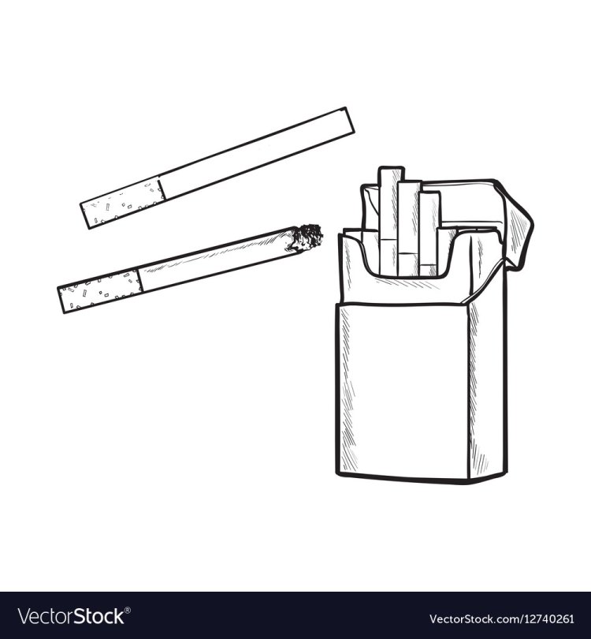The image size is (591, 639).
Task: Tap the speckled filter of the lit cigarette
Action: pyautogui.click(x=100, y=291)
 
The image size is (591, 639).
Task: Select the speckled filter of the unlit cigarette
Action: pyautogui.click(x=124, y=202)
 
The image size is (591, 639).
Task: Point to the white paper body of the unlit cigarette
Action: pyautogui.click(x=256, y=154)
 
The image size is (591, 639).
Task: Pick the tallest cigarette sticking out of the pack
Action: pyautogui.click(x=388, y=220)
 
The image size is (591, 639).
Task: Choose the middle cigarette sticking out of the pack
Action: pyautogui.click(x=409, y=229)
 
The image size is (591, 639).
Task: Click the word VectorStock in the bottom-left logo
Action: pyautogui.click(x=71, y=616)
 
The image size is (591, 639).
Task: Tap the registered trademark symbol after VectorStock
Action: pyautogui.click(x=128, y=610)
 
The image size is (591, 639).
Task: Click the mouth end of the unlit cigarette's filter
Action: pyautogui.click(x=84, y=215)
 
